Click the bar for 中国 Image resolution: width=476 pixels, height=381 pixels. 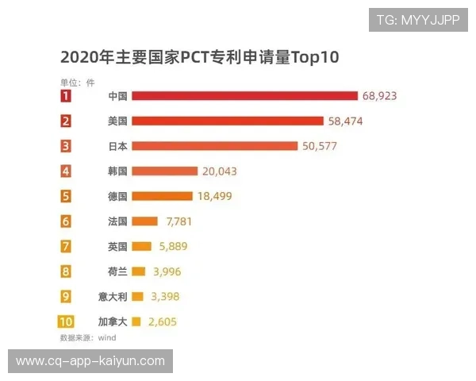[x=244, y=96]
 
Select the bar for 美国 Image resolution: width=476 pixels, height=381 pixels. [x=228, y=121]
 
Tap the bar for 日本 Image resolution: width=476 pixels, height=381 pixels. [x=214, y=146]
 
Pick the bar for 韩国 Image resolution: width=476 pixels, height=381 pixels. [x=164, y=171]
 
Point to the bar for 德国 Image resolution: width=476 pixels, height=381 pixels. [x=162, y=196]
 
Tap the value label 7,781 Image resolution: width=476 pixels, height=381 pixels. [x=175, y=221]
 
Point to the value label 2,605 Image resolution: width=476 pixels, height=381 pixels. [x=162, y=322]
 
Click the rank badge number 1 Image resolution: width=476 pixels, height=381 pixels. [x=66, y=96]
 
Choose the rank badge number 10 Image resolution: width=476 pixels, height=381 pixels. [x=66, y=322]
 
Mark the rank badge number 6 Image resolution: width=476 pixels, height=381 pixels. [x=66, y=221]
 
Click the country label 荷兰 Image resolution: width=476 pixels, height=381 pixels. [x=118, y=271]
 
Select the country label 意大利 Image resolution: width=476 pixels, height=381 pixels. [x=113, y=297]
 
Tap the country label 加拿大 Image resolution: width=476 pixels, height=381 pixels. [x=113, y=322]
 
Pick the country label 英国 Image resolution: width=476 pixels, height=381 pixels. [x=118, y=246]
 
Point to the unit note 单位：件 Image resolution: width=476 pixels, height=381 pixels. [x=77, y=81]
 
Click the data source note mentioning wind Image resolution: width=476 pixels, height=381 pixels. [x=88, y=338]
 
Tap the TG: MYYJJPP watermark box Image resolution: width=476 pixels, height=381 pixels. [x=418, y=20]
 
